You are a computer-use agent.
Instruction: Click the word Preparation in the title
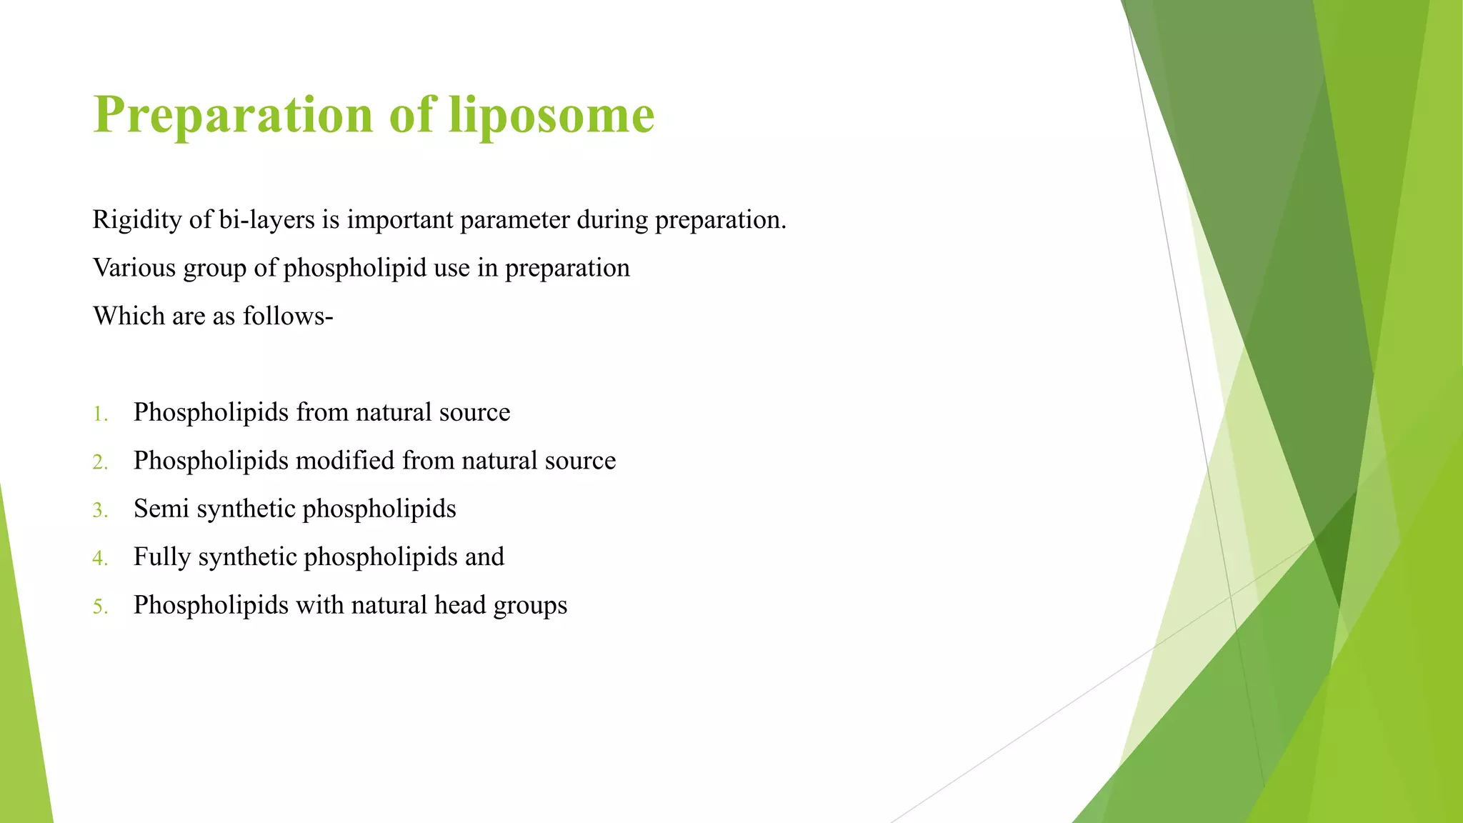click(x=233, y=115)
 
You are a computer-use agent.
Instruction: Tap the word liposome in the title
click(x=551, y=115)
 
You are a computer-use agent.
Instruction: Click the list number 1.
click(x=99, y=414)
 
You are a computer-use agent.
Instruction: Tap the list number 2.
click(x=99, y=462)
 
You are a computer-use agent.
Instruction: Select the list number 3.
click(x=99, y=510)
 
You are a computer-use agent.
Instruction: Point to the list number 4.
click(x=99, y=558)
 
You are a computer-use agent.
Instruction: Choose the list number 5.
click(x=99, y=607)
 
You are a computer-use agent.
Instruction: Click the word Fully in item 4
click(x=162, y=557)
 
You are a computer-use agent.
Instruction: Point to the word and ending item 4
click(x=484, y=557)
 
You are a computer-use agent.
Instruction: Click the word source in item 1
click(x=474, y=413)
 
